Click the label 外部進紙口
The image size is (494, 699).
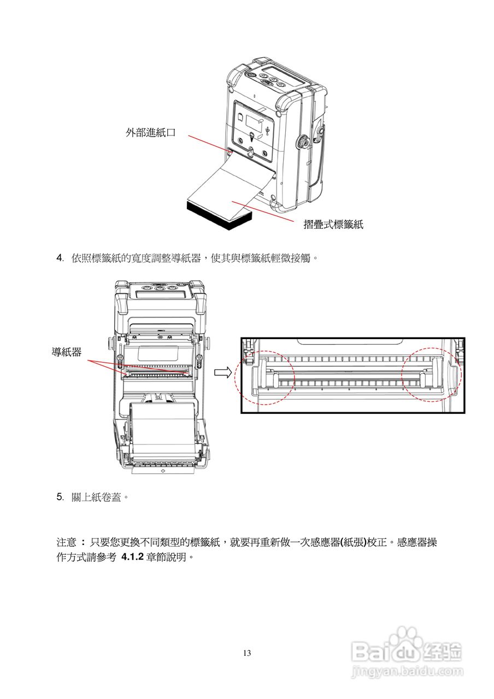click(151, 132)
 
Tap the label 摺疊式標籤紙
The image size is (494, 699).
click(333, 224)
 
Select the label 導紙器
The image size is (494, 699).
click(67, 353)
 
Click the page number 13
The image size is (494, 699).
click(247, 653)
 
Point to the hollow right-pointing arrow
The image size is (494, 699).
click(222, 372)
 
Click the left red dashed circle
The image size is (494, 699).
click(264, 377)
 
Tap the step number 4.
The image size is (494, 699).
click(60, 258)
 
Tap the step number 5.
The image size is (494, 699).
click(60, 497)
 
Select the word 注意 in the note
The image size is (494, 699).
click(67, 543)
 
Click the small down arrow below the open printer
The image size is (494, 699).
click(163, 470)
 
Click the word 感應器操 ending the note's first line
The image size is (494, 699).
click(416, 543)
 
